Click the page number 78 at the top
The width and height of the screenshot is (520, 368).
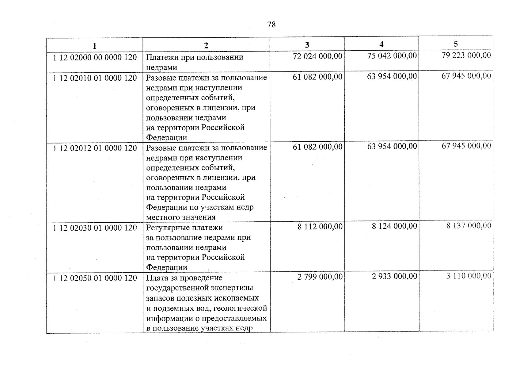click(x=271, y=25)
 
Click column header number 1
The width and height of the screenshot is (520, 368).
click(x=95, y=46)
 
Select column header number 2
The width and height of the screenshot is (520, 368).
click(x=206, y=46)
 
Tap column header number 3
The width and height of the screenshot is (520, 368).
click(x=307, y=45)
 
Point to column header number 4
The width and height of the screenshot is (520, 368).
click(x=381, y=44)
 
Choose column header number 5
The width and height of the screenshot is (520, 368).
click(x=456, y=44)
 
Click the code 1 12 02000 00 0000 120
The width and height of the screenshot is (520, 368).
click(x=95, y=58)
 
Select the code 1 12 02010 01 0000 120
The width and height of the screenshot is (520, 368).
click(x=95, y=78)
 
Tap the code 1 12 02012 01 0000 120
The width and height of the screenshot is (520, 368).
click(x=95, y=148)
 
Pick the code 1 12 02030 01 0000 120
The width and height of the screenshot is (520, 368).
click(x=95, y=228)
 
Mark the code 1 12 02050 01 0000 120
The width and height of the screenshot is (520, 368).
click(x=95, y=278)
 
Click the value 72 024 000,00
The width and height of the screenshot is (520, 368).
click(x=317, y=56)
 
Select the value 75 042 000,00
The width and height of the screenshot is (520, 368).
click(x=392, y=56)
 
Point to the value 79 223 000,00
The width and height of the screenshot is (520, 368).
click(x=466, y=55)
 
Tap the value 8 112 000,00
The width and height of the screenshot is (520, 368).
click(x=320, y=227)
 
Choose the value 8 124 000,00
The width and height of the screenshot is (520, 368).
click(x=394, y=226)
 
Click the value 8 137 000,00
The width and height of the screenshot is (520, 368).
click(x=469, y=226)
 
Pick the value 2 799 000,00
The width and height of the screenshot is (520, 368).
click(x=320, y=277)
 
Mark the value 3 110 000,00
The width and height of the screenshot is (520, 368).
click(x=469, y=276)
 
